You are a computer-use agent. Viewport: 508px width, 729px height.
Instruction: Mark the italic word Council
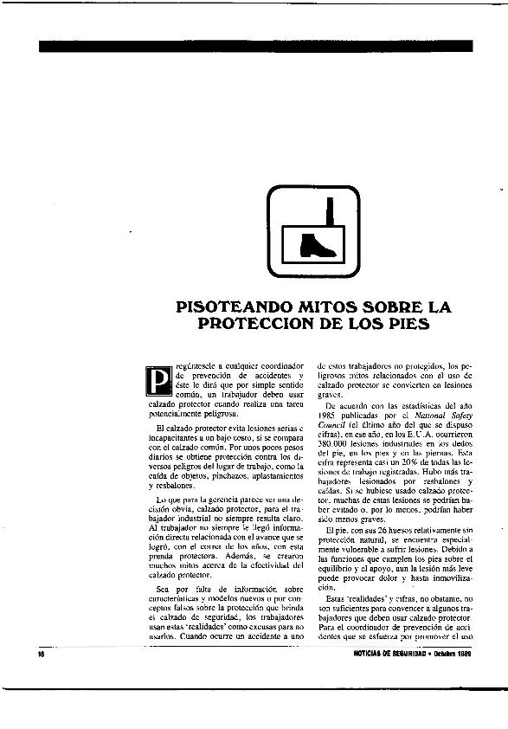pyautogui.click(x=331, y=425)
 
